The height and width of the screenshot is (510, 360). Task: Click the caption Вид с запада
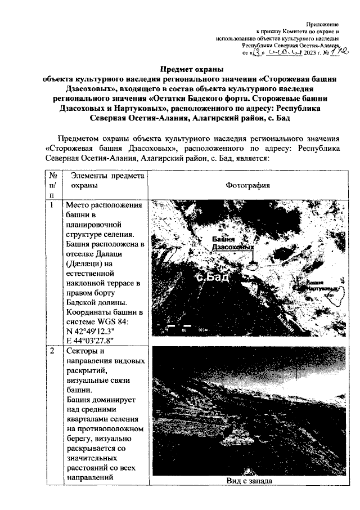coord(249,480)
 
